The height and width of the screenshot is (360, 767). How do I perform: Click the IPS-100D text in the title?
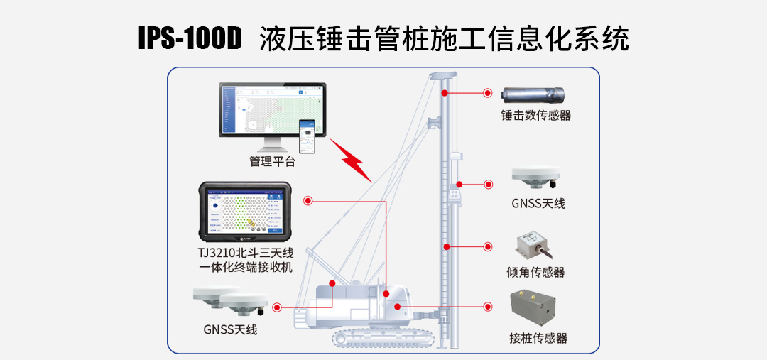190,38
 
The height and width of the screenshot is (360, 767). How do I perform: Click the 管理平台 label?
272,161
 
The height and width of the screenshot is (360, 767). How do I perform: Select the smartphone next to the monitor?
308,136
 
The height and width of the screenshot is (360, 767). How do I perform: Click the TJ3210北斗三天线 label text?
246,253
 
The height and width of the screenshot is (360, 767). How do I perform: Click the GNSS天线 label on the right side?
538,204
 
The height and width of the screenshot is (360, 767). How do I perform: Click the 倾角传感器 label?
536,272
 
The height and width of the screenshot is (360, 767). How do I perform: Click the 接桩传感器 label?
538,338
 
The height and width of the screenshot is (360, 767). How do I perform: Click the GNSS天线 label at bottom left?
230,329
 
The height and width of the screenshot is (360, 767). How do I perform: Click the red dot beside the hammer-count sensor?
488,93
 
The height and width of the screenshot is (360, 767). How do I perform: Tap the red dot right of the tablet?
308,201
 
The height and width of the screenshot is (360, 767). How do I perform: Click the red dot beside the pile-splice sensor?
488,307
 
